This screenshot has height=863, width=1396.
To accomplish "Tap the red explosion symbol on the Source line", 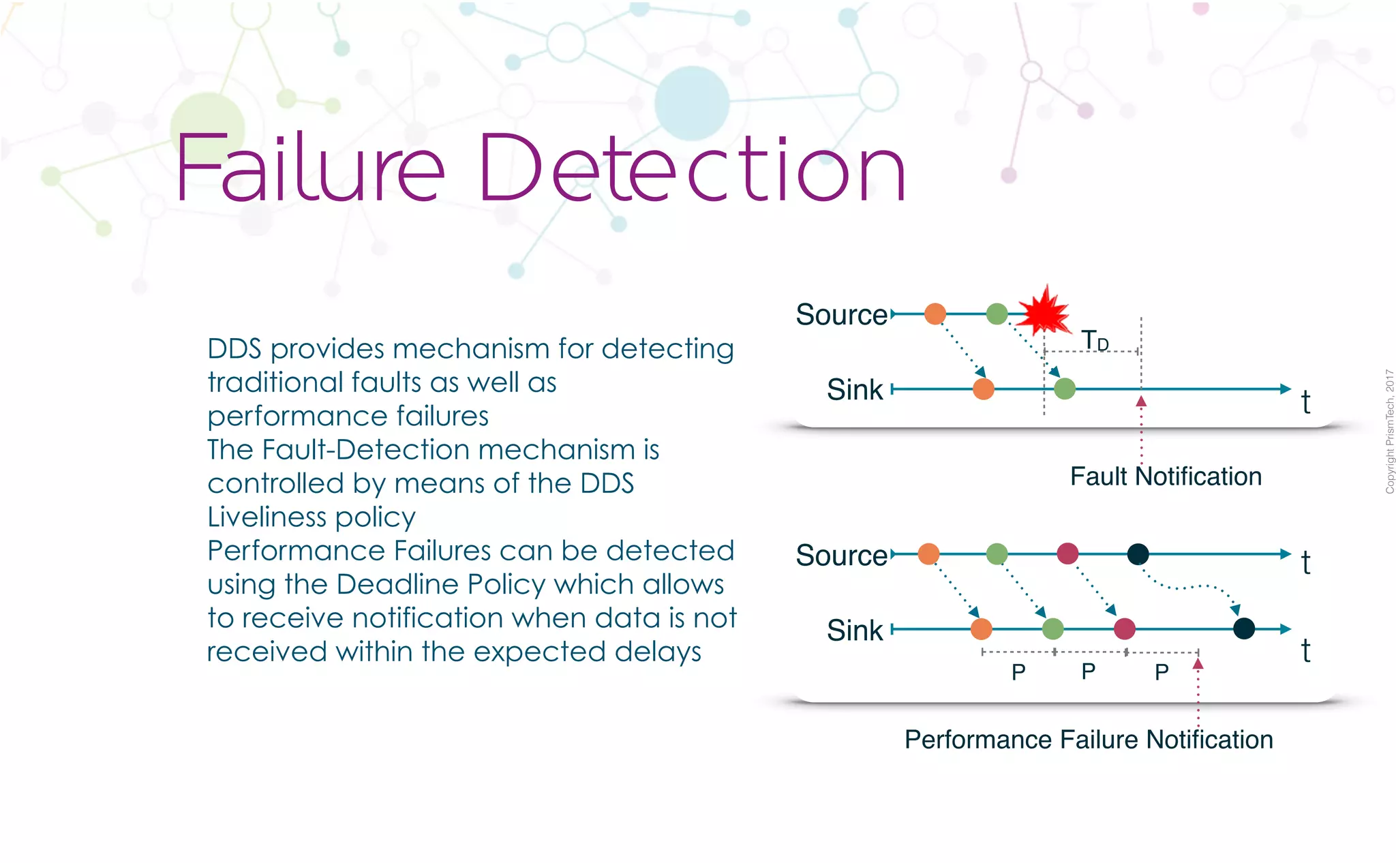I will click(x=1044, y=312).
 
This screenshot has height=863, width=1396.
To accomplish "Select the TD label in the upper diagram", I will click(x=1095, y=340).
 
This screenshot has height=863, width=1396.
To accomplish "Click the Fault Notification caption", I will click(x=1166, y=476).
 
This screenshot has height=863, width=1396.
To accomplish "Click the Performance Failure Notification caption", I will click(x=1089, y=740).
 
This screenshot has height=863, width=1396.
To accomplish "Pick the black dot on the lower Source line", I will click(x=1138, y=554).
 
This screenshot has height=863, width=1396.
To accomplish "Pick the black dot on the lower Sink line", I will click(x=1244, y=629).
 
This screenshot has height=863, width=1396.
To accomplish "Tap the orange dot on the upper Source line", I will click(x=935, y=314).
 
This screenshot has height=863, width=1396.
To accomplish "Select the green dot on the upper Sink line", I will click(x=1065, y=389).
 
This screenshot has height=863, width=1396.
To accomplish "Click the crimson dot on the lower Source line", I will click(x=1067, y=554).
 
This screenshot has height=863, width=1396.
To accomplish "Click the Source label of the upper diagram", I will click(x=841, y=315).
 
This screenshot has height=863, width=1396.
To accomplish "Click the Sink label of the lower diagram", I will click(x=855, y=631).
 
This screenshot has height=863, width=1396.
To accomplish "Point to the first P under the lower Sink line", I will click(x=1018, y=672).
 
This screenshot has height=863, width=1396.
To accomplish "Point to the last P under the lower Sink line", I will click(x=1162, y=672).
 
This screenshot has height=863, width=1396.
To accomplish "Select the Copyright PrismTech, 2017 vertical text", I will click(x=1389, y=431).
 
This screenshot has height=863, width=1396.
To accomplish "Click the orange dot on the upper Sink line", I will click(x=983, y=389).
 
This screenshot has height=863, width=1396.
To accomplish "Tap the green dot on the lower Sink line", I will click(x=1053, y=629).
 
